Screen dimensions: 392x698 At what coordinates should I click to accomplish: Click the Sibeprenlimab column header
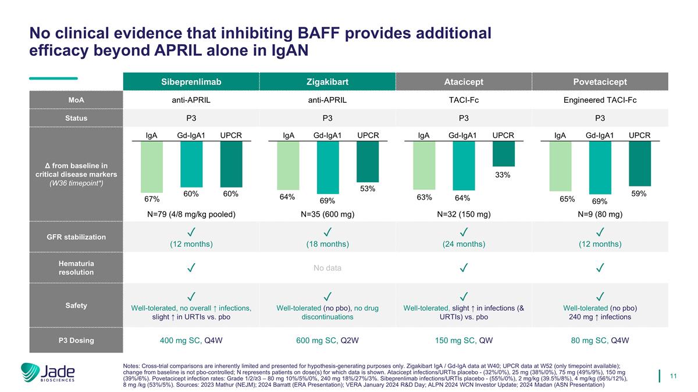(x=191, y=81)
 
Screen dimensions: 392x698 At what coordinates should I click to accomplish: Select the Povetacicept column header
(x=600, y=81)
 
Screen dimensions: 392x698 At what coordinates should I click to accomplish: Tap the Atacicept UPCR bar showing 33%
(x=503, y=154)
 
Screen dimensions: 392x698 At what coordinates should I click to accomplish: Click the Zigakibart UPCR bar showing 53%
(x=368, y=162)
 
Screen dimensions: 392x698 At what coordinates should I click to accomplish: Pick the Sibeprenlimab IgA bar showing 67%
(x=152, y=167)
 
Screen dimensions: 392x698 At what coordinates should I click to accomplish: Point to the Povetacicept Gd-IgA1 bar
(x=600, y=168)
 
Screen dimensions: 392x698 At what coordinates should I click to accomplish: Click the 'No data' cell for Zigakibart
(x=327, y=268)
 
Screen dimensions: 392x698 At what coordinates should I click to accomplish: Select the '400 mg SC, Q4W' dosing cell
(x=191, y=340)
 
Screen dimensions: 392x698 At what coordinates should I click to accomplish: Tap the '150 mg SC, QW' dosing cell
(x=464, y=340)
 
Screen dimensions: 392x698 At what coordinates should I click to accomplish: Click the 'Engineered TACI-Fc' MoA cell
(x=600, y=100)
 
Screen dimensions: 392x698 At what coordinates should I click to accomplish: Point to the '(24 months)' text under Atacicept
(x=464, y=244)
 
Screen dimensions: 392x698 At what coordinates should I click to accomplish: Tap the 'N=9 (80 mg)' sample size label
(x=600, y=214)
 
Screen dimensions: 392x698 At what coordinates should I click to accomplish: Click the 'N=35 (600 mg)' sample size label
(x=327, y=214)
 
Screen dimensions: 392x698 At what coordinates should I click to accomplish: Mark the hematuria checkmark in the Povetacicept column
(x=600, y=268)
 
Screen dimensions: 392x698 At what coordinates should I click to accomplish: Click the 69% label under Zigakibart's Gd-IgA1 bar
(x=328, y=200)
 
